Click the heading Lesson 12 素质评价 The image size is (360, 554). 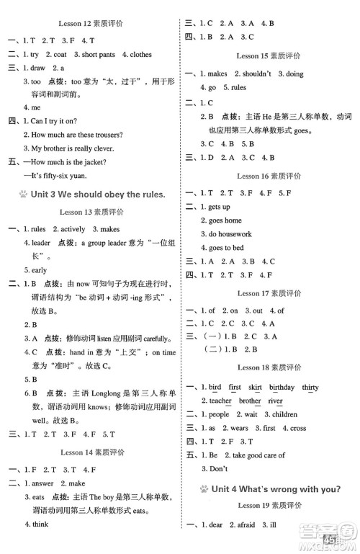(x=88, y=6)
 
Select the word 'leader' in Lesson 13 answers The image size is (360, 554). (x=42, y=243)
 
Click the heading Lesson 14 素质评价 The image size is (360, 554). (x=88, y=452)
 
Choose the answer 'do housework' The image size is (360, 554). (x=230, y=234)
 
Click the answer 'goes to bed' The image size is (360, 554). (x=226, y=248)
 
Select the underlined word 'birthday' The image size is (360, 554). (x=284, y=387)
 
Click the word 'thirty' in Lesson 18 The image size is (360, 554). (x=310, y=387)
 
